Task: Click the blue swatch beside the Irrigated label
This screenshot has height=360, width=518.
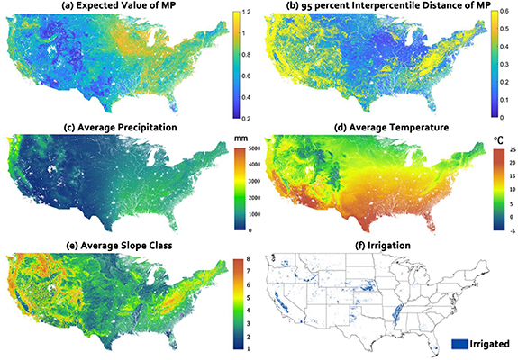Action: pyautogui.click(x=457, y=343)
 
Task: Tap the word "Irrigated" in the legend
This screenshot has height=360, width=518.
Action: pyautogui.click(x=489, y=343)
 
